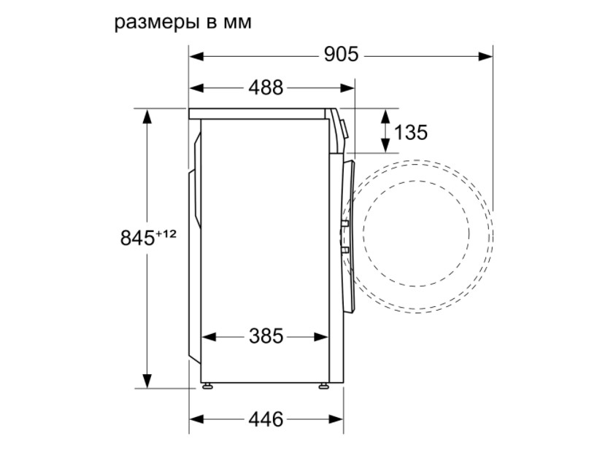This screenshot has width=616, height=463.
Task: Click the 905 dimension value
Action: (x=341, y=54)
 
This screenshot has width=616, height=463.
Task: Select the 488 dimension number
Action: (x=266, y=87)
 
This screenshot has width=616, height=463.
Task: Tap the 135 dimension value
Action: (x=410, y=132)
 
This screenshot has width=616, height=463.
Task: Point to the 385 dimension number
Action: (x=266, y=336)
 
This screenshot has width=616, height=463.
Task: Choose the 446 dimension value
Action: (x=266, y=419)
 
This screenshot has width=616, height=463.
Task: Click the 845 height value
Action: (x=137, y=238)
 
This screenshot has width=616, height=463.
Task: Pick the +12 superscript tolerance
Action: (x=166, y=234)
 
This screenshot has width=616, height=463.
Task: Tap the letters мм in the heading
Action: (x=237, y=23)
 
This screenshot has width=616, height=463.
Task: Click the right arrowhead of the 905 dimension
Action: (x=485, y=56)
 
